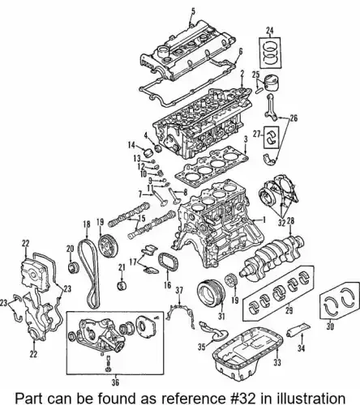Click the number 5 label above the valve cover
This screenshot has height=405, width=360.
[x=193, y=11]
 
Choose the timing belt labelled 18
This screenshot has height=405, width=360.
[x=90, y=273]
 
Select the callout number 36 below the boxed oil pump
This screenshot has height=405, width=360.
[x=115, y=382]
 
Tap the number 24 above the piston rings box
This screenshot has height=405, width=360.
[x=269, y=32]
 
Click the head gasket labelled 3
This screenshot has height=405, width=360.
[x=212, y=166]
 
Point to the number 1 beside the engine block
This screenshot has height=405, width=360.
[x=264, y=220]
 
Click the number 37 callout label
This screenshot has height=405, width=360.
[x=179, y=291]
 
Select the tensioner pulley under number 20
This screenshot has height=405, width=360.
[x=73, y=267]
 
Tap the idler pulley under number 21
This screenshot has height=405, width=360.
[x=122, y=285]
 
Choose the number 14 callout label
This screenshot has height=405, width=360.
[x=131, y=145]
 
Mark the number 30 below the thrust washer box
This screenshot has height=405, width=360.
[x=330, y=326]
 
